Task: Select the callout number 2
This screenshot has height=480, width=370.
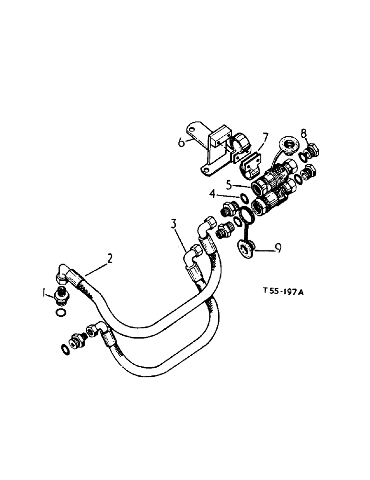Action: pos(110,259)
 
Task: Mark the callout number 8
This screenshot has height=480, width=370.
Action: pos(303,132)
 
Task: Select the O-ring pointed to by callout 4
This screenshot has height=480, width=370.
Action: pos(244,198)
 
